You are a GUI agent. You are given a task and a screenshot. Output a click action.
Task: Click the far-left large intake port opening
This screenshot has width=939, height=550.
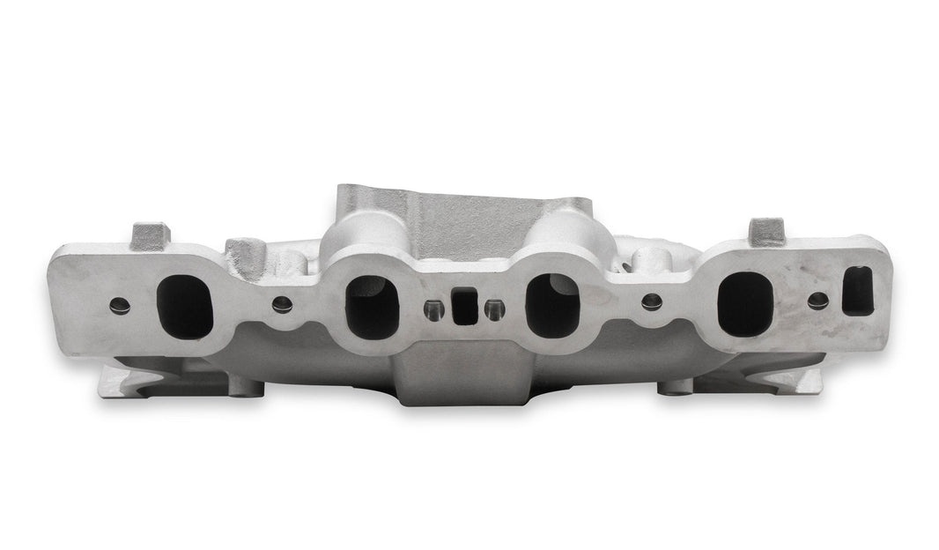pos(184,306)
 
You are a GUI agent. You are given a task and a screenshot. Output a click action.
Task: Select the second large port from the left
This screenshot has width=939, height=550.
pos(372,306)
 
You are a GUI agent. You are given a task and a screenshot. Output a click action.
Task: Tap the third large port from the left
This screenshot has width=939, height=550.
pos(552,305)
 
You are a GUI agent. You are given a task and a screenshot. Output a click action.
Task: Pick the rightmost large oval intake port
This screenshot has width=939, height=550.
pos(744,303)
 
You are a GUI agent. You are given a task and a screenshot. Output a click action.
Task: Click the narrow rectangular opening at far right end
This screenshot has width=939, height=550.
pos(857,292)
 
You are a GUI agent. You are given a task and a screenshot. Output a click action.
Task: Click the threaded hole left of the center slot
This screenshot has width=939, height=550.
pos(433,309)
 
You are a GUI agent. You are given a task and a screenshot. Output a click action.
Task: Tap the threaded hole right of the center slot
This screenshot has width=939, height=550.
pos(494,308)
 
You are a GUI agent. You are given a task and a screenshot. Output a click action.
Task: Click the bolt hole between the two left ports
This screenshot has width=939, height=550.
pos(282,304)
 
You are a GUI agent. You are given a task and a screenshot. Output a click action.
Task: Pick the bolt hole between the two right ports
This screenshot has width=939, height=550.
pos(651,301)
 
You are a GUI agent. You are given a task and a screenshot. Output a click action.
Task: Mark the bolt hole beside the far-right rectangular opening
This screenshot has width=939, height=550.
pos(817,299)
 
